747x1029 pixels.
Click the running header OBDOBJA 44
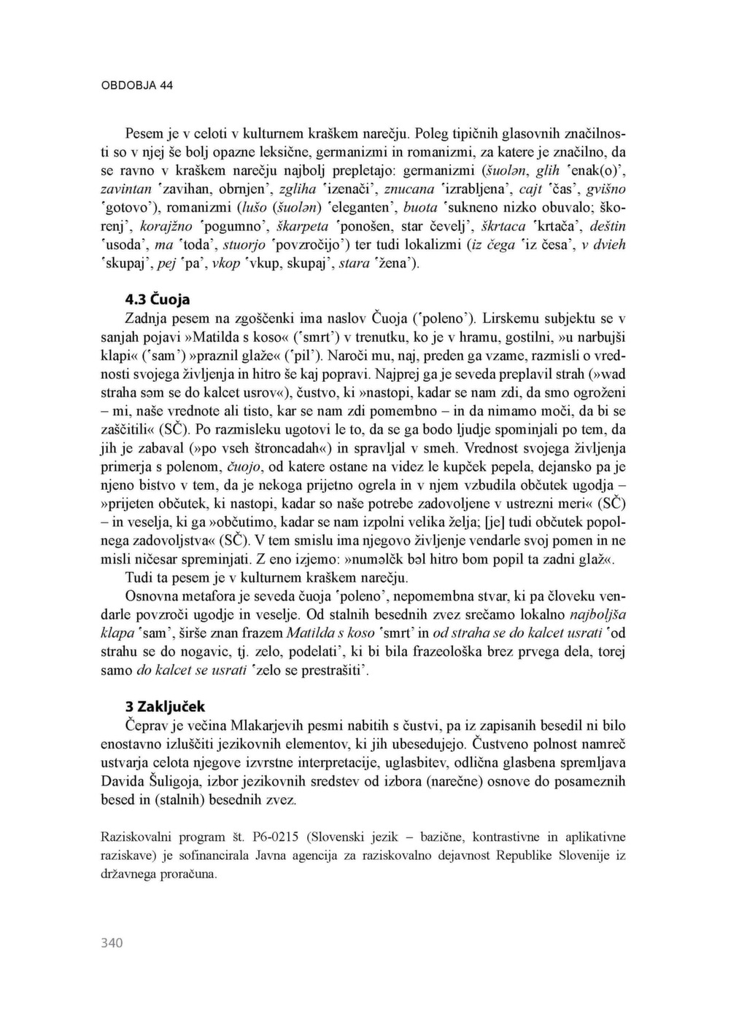[136, 85]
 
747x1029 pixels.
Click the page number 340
[112, 943]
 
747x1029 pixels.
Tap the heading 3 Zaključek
[166, 706]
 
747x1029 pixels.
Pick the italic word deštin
[608, 226]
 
